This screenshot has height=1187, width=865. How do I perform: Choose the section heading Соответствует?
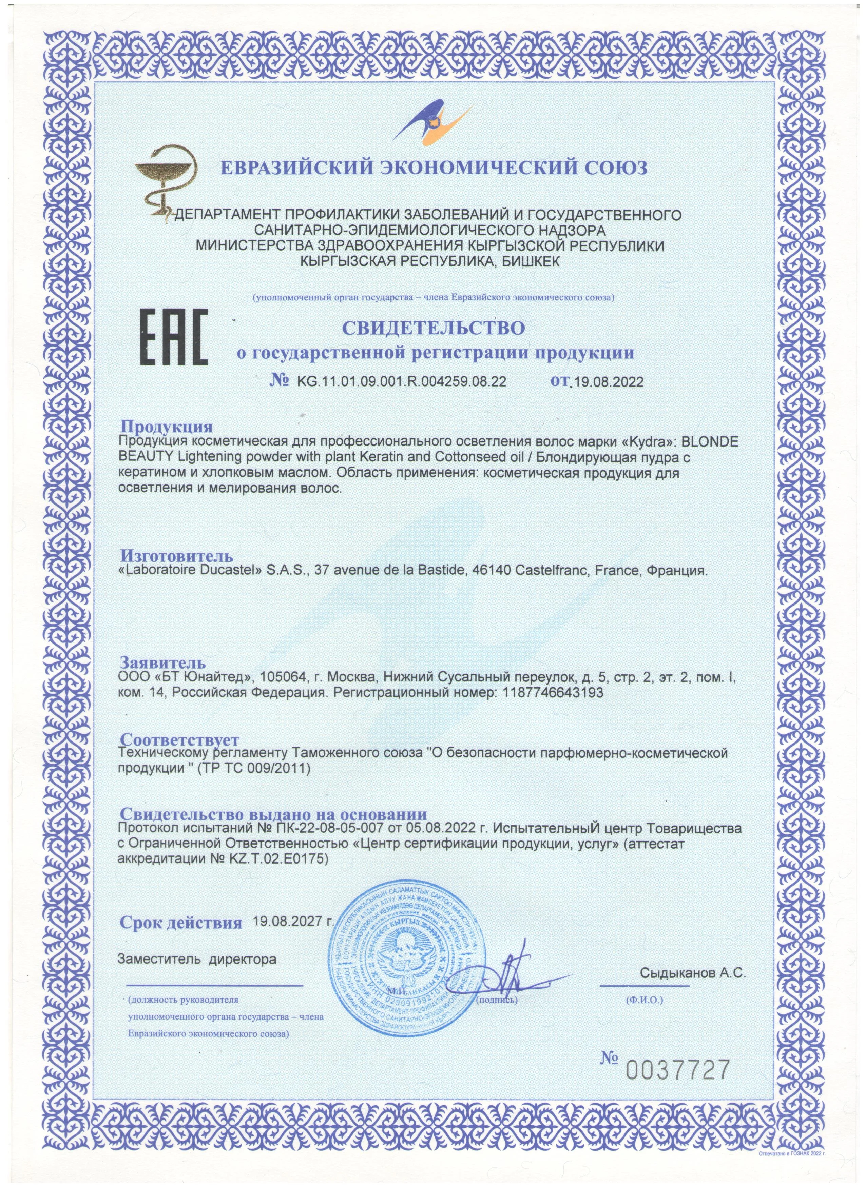click(x=179, y=740)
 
